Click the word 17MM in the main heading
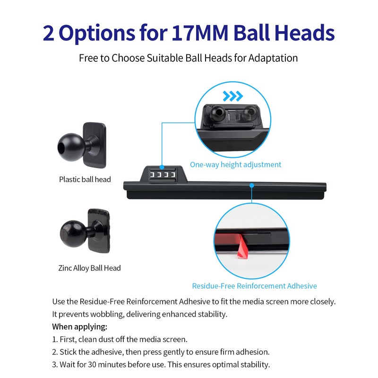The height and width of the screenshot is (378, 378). pyautogui.click(x=199, y=33)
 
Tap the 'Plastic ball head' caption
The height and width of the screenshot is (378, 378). pyautogui.click(x=85, y=180)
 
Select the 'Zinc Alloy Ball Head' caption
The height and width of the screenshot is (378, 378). pyautogui.click(x=89, y=268)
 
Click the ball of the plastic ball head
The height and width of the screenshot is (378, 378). pyautogui.click(x=71, y=147)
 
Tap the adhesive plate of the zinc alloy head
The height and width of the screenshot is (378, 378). pyautogui.click(x=99, y=231)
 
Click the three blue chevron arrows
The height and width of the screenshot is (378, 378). pyautogui.click(x=232, y=96)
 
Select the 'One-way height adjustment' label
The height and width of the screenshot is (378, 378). pyautogui.click(x=235, y=164)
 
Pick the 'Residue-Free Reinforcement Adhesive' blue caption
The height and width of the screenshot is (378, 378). pyautogui.click(x=254, y=286)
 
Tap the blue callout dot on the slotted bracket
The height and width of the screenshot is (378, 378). pyautogui.click(x=162, y=167)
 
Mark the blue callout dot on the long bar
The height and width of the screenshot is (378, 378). pyautogui.click(x=252, y=185)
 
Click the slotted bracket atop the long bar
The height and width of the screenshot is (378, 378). pyautogui.click(x=163, y=174)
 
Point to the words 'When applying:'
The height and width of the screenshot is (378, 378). pyautogui.click(x=79, y=327)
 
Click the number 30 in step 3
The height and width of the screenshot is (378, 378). pyautogui.click(x=92, y=364)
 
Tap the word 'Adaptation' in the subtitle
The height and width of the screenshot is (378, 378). pyautogui.click(x=273, y=58)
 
